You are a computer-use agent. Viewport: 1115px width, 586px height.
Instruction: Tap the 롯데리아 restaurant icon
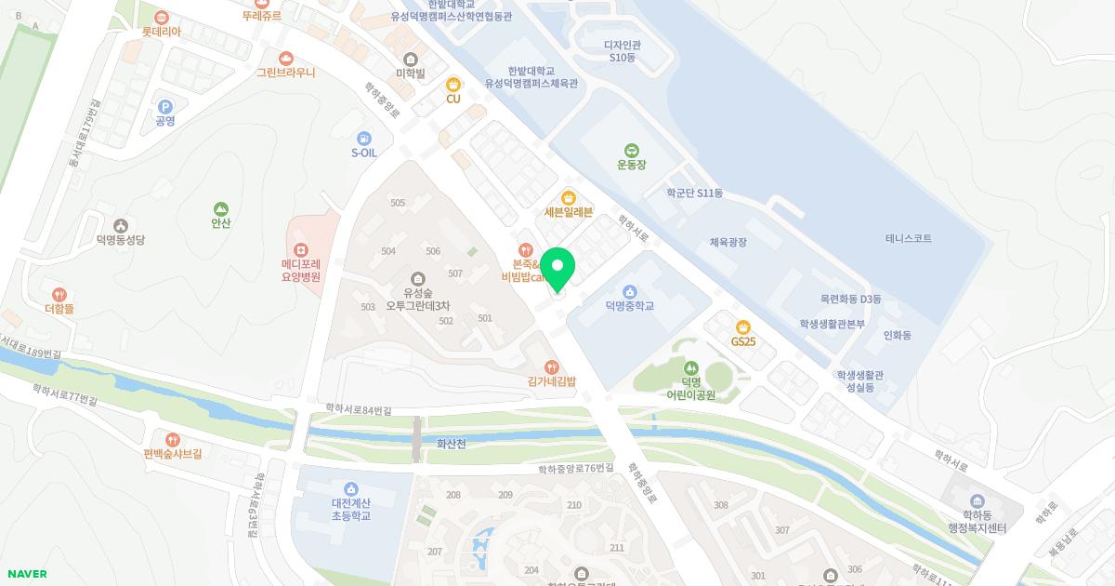[x=162, y=18]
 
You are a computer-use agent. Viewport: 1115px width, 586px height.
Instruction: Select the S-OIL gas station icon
[x=363, y=139]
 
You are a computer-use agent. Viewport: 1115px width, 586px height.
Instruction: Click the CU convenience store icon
[x=453, y=85]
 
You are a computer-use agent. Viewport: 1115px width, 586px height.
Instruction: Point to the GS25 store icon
[x=742, y=326]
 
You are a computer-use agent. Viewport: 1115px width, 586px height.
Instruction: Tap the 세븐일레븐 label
[x=569, y=212]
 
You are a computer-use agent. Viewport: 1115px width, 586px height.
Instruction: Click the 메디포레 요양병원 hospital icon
[x=300, y=249]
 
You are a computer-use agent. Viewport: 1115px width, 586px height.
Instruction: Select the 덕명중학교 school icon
[x=630, y=292]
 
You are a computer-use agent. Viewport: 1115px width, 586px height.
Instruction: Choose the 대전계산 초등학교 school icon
[x=351, y=489]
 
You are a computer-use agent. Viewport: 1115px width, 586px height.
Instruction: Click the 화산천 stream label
[x=451, y=444]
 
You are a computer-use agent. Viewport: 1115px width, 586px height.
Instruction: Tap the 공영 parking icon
[x=165, y=107]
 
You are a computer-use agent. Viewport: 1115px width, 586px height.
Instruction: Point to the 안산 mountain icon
[x=220, y=209]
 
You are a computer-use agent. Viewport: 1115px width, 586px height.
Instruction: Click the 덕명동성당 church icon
[x=121, y=226]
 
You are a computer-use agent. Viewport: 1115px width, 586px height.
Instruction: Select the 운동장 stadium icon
[x=631, y=151]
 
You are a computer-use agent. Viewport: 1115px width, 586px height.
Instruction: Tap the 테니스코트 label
[x=908, y=239]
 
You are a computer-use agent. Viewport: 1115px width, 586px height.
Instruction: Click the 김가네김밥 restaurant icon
[x=552, y=367]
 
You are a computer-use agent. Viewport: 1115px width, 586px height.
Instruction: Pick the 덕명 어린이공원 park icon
[x=691, y=367]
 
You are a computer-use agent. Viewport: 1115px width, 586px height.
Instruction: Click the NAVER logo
[x=27, y=574]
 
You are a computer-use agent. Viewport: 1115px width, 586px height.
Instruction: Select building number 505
[x=398, y=203]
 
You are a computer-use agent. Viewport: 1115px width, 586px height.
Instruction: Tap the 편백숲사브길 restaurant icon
[x=172, y=440]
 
